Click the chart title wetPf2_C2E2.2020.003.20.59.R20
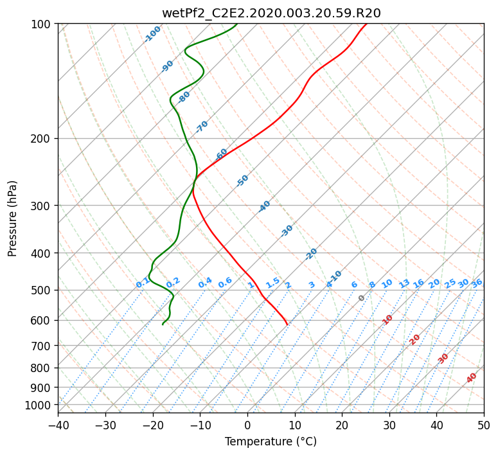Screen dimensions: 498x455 click(x=271, y=13)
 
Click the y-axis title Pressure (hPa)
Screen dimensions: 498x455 click(x=12, y=219)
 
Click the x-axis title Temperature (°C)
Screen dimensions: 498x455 click(x=271, y=442)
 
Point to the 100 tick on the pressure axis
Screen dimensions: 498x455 click(x=40, y=24)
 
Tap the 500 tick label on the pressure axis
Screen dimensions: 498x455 click(x=40, y=290)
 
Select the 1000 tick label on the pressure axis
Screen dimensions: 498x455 click(x=37, y=406)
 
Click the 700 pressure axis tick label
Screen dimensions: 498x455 click(x=40, y=346)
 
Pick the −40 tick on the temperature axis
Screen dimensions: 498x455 click(x=58, y=425)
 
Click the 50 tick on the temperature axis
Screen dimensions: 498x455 click(x=484, y=425)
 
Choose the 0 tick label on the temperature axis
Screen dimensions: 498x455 click(x=248, y=425)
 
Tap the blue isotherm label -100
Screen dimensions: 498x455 click(x=152, y=34)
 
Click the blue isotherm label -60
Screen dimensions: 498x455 click(x=221, y=154)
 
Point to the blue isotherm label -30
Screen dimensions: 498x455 click(x=287, y=231)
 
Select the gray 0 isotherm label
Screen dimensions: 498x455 click(x=361, y=298)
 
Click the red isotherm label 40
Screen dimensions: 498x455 click(x=471, y=378)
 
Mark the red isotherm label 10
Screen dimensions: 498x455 click(x=387, y=319)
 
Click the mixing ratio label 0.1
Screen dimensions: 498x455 click(x=143, y=283)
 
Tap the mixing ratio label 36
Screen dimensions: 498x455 click(x=477, y=283)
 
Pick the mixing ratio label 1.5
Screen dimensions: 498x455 click(x=273, y=283)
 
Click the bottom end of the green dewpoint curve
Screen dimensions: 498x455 click(x=163, y=325)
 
